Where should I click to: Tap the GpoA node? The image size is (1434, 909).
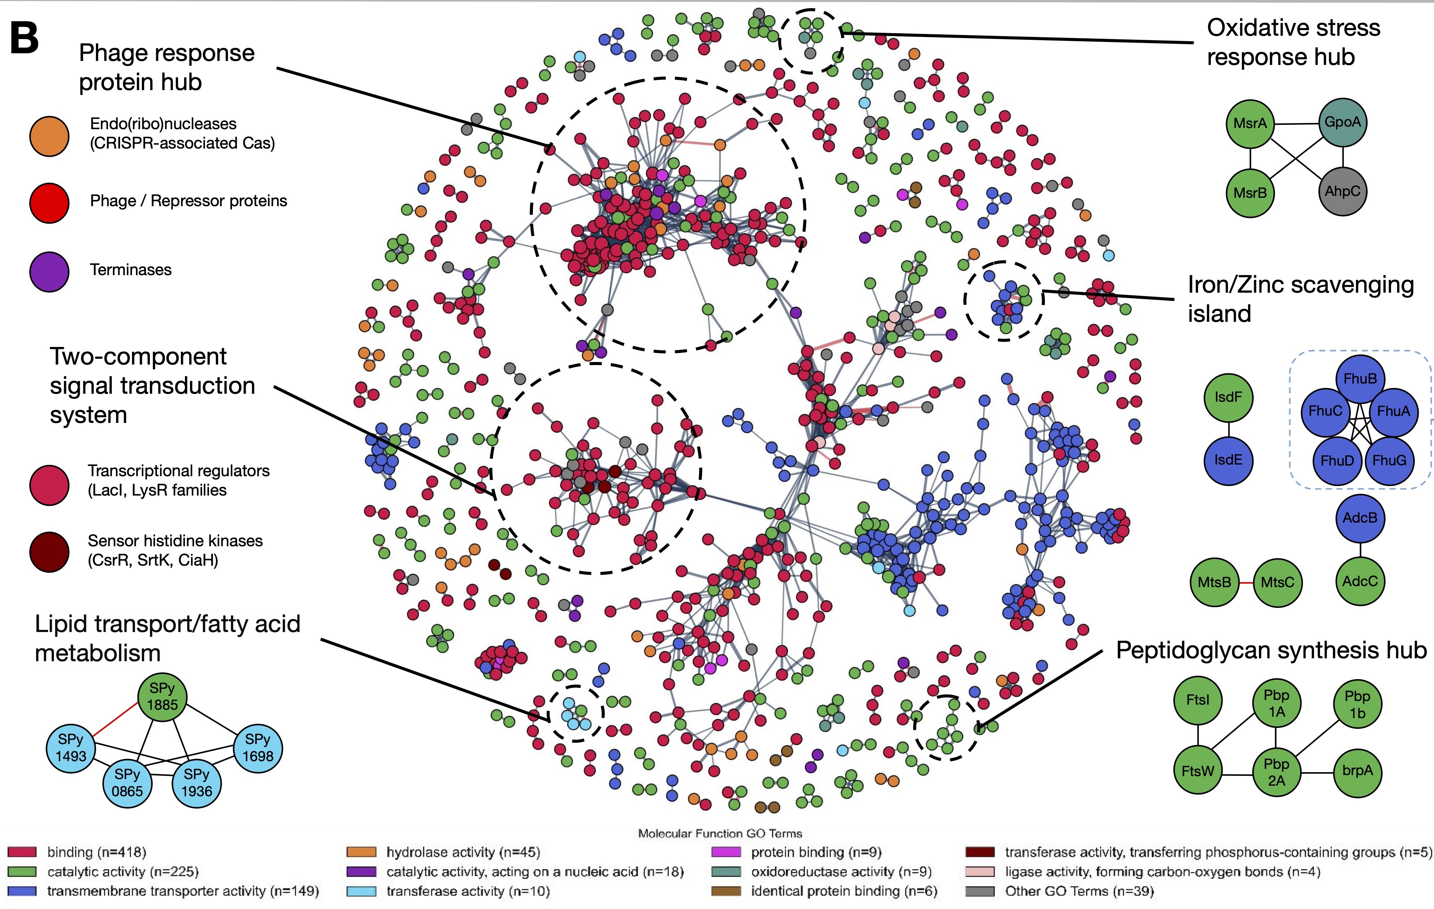pyautogui.click(x=1342, y=122)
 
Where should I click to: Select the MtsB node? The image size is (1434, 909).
pyautogui.click(x=1214, y=582)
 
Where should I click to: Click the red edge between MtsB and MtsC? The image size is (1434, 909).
pyautogui.click(x=1246, y=582)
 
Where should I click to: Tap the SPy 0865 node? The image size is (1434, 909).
pyautogui.click(x=127, y=783)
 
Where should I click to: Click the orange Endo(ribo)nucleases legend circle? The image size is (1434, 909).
pyautogui.click(x=50, y=136)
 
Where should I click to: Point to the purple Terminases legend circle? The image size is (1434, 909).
pyautogui.click(x=50, y=271)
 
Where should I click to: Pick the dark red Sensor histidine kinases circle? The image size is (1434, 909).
pyautogui.click(x=50, y=552)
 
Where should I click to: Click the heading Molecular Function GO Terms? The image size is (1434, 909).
pyautogui.click(x=720, y=833)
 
